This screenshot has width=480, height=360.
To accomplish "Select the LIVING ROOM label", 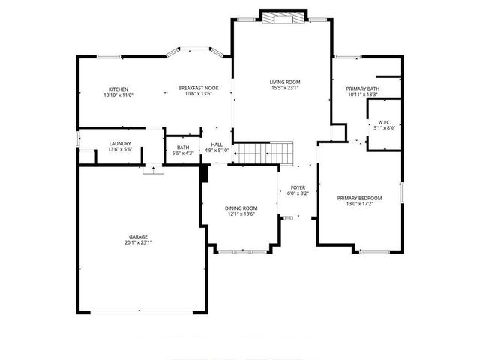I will click(285, 82).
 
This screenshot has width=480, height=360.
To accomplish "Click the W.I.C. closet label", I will click(384, 122).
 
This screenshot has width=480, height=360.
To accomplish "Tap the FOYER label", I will click(298, 188).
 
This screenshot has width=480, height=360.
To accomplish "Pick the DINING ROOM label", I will click(241, 208).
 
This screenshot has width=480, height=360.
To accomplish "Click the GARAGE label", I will click(138, 237).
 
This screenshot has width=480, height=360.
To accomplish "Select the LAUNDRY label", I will click(120, 144).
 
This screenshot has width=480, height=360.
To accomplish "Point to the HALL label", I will click(217, 145).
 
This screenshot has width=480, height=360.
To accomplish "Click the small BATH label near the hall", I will click(183, 148).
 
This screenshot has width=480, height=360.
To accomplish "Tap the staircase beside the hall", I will click(263, 153).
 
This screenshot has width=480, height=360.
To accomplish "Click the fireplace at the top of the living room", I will click(283, 17).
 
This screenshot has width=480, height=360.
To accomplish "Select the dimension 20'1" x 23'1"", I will click(138, 243).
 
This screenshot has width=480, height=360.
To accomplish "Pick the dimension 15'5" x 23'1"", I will click(285, 88).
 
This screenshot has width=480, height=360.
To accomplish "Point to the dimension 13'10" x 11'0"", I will click(118, 95).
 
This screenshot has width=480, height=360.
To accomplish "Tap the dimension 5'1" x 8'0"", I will click(384, 128).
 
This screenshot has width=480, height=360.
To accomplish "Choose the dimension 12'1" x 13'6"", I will click(241, 214).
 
